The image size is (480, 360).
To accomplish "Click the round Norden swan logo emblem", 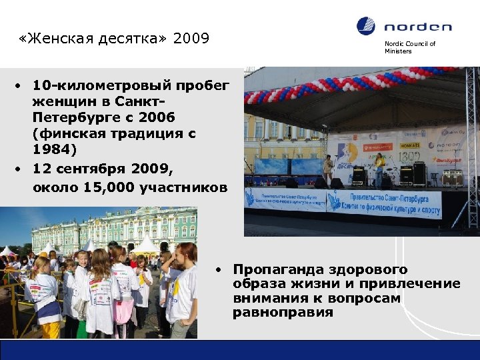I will click(x=366, y=27).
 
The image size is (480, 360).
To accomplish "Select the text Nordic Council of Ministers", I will click(x=409, y=47).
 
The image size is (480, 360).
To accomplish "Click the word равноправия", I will click(x=283, y=313).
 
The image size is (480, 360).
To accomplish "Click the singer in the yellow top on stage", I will click(x=379, y=168).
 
